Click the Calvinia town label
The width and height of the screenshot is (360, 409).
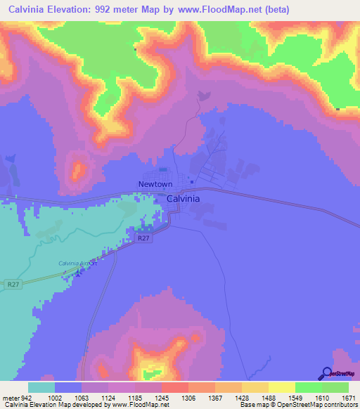183,199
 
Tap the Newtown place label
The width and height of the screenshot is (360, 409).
155,184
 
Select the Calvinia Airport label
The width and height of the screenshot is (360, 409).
76,264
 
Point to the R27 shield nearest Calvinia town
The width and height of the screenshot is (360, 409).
143,239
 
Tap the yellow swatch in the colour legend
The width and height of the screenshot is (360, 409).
282,387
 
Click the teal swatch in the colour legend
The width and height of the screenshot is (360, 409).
41,387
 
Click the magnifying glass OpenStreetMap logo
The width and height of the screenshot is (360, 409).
326,375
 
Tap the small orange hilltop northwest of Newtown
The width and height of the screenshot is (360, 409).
77,170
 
